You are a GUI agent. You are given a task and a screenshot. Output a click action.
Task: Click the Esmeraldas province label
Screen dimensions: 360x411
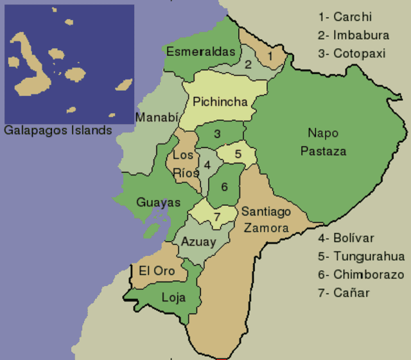click(x=201, y=51)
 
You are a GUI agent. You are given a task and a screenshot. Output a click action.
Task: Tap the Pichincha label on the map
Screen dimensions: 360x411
click(x=220, y=102)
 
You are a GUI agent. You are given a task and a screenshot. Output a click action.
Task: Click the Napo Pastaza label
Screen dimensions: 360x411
click(x=327, y=142)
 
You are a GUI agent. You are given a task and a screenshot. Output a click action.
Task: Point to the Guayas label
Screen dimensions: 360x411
click(x=158, y=203)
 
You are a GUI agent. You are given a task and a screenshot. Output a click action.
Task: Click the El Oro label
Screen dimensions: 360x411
click(x=157, y=271)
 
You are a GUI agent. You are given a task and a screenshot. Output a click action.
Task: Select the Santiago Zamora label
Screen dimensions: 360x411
click(x=266, y=219)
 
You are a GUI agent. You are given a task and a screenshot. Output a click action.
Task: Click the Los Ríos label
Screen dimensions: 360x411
click(x=185, y=163)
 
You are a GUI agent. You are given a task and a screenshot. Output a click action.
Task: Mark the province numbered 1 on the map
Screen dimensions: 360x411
click(x=270, y=57)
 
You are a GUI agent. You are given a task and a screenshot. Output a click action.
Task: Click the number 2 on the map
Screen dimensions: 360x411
click(x=247, y=64)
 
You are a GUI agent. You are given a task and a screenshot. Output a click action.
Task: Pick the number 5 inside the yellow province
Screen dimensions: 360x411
click(x=238, y=154)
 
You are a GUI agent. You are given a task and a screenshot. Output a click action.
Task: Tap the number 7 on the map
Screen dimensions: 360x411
click(x=217, y=217)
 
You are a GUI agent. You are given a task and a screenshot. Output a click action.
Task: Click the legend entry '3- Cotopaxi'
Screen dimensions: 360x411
click(x=351, y=53)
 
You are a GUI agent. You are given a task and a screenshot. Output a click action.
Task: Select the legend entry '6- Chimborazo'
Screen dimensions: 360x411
click(x=361, y=274)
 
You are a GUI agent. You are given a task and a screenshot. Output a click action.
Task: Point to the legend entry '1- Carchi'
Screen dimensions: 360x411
click(x=345, y=17)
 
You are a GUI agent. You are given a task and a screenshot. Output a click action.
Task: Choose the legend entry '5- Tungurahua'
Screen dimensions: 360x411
click(x=361, y=256)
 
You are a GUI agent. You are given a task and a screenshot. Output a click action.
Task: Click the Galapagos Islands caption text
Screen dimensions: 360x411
click(x=58, y=130)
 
